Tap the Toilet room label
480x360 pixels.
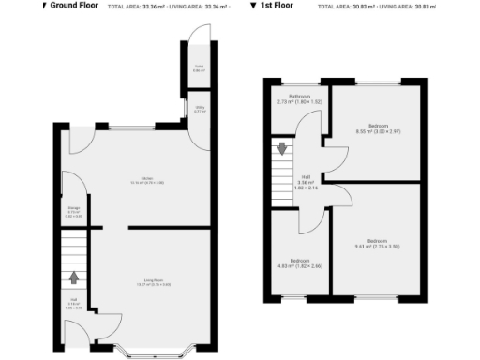tap(199, 68)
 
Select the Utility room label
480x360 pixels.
tap(199, 110)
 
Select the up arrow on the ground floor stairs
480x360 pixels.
tap(74, 277)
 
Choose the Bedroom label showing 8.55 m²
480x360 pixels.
tap(378, 128)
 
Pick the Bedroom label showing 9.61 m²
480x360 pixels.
tap(378, 243)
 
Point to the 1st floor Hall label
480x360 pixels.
tap(306, 183)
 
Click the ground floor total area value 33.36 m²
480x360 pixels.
tap(157, 7)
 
